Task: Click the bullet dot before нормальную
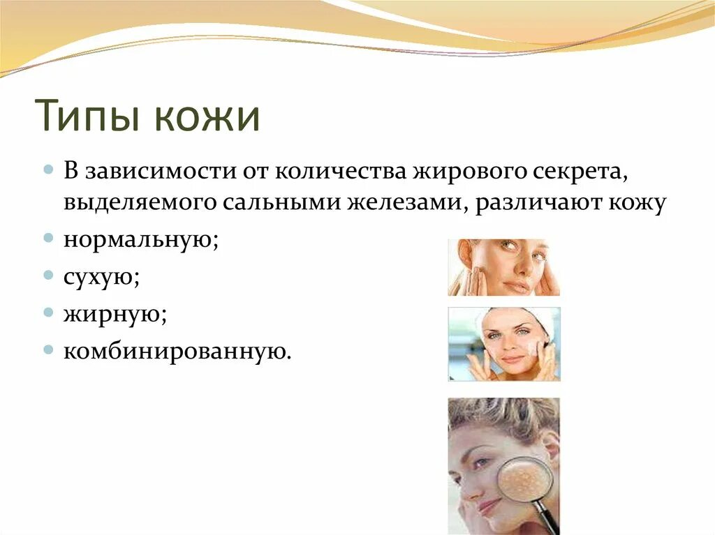tap(48, 238)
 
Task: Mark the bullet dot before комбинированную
tap(48, 349)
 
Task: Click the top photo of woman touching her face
tap(503, 267)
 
